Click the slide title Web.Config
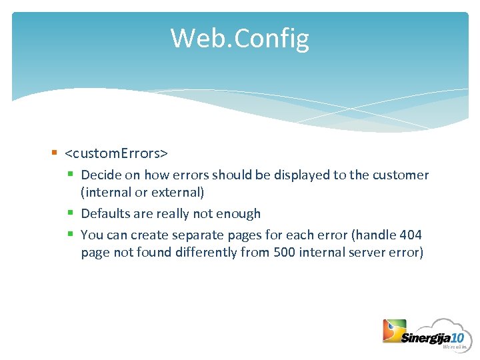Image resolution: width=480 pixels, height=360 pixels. pyautogui.click(x=239, y=39)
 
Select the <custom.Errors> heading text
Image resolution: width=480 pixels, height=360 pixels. pyautogui.click(x=116, y=153)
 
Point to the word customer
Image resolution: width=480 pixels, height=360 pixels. pyautogui.click(x=400, y=175)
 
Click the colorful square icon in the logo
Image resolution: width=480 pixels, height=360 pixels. pyautogui.click(x=394, y=331)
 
